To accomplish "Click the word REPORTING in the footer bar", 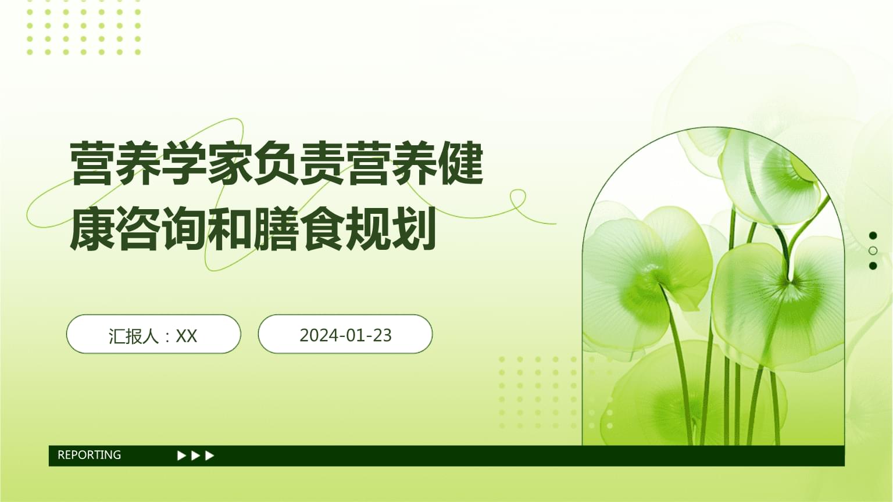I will pyautogui.click(x=89, y=455).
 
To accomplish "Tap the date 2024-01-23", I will pyautogui.click(x=345, y=335).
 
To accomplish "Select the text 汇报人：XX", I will pyautogui.click(x=153, y=336).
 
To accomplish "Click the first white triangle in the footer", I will pyautogui.click(x=181, y=456).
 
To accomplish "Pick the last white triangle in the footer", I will pyautogui.click(x=210, y=456).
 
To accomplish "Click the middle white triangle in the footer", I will pyautogui.click(x=196, y=456).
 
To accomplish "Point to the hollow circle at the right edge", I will pyautogui.click(x=873, y=251).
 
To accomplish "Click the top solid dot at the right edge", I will pyautogui.click(x=873, y=235).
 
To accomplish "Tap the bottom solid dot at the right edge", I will pyautogui.click(x=873, y=266).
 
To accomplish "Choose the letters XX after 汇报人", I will pyautogui.click(x=187, y=336).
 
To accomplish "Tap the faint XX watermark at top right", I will pyautogui.click(x=735, y=37).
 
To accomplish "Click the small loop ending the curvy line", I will pyautogui.click(x=517, y=199).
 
